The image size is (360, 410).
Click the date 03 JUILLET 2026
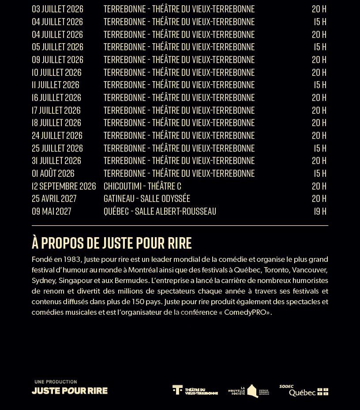click(x=57, y=9)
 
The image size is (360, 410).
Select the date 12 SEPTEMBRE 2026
click(x=64, y=186)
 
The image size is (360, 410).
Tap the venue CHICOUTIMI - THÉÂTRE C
click(x=142, y=186)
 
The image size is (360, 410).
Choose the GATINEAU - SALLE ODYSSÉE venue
click(x=146, y=198)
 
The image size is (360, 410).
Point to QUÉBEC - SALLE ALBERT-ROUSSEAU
click(x=160, y=211)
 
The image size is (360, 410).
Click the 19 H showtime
click(x=320, y=211)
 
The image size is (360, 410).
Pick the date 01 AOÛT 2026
click(x=53, y=173)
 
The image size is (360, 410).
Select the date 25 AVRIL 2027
click(x=54, y=198)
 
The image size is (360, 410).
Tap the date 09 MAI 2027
click(x=51, y=211)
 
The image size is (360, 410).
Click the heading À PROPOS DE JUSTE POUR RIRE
click(x=112, y=243)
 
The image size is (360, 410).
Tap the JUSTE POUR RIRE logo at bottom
click(x=70, y=391)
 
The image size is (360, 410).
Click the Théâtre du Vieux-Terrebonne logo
click(x=195, y=390)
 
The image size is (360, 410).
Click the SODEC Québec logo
click(x=304, y=391)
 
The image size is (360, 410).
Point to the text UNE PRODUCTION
click(x=56, y=382)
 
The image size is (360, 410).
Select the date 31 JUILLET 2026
click(x=56, y=160)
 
